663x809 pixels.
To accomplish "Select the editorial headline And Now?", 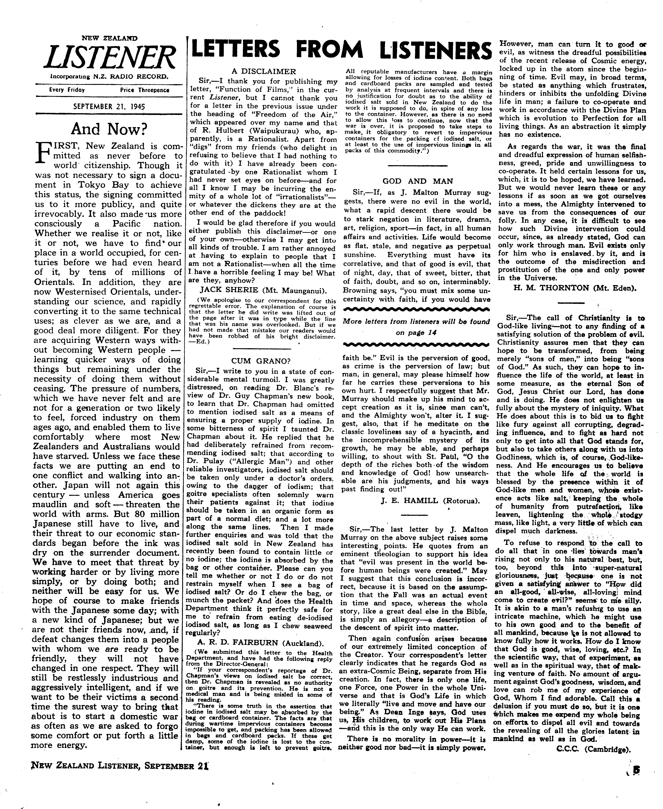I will pos(109,130).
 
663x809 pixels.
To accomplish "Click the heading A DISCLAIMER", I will pos(264,71).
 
